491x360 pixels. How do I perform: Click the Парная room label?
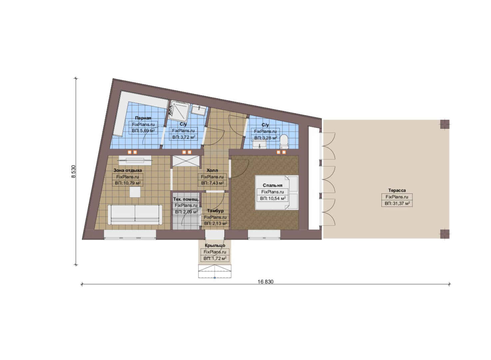point(143,118)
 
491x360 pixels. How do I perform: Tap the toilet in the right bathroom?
point(283,141)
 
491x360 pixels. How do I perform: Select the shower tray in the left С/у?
point(180,111)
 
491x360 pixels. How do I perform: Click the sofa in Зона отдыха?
point(135,215)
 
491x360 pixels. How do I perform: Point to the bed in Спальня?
point(276,192)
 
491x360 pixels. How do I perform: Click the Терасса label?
point(397,190)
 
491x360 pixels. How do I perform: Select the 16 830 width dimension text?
point(265,282)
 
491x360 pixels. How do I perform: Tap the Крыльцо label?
point(215,245)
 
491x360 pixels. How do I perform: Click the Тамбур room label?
point(215,211)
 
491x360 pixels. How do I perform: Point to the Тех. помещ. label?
point(186,199)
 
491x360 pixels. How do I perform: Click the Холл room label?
point(212,170)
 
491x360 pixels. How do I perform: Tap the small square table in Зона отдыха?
point(135,192)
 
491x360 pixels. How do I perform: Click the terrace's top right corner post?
point(445,124)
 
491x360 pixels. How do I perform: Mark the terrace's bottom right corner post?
point(445,234)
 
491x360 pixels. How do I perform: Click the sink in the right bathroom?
point(259,145)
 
